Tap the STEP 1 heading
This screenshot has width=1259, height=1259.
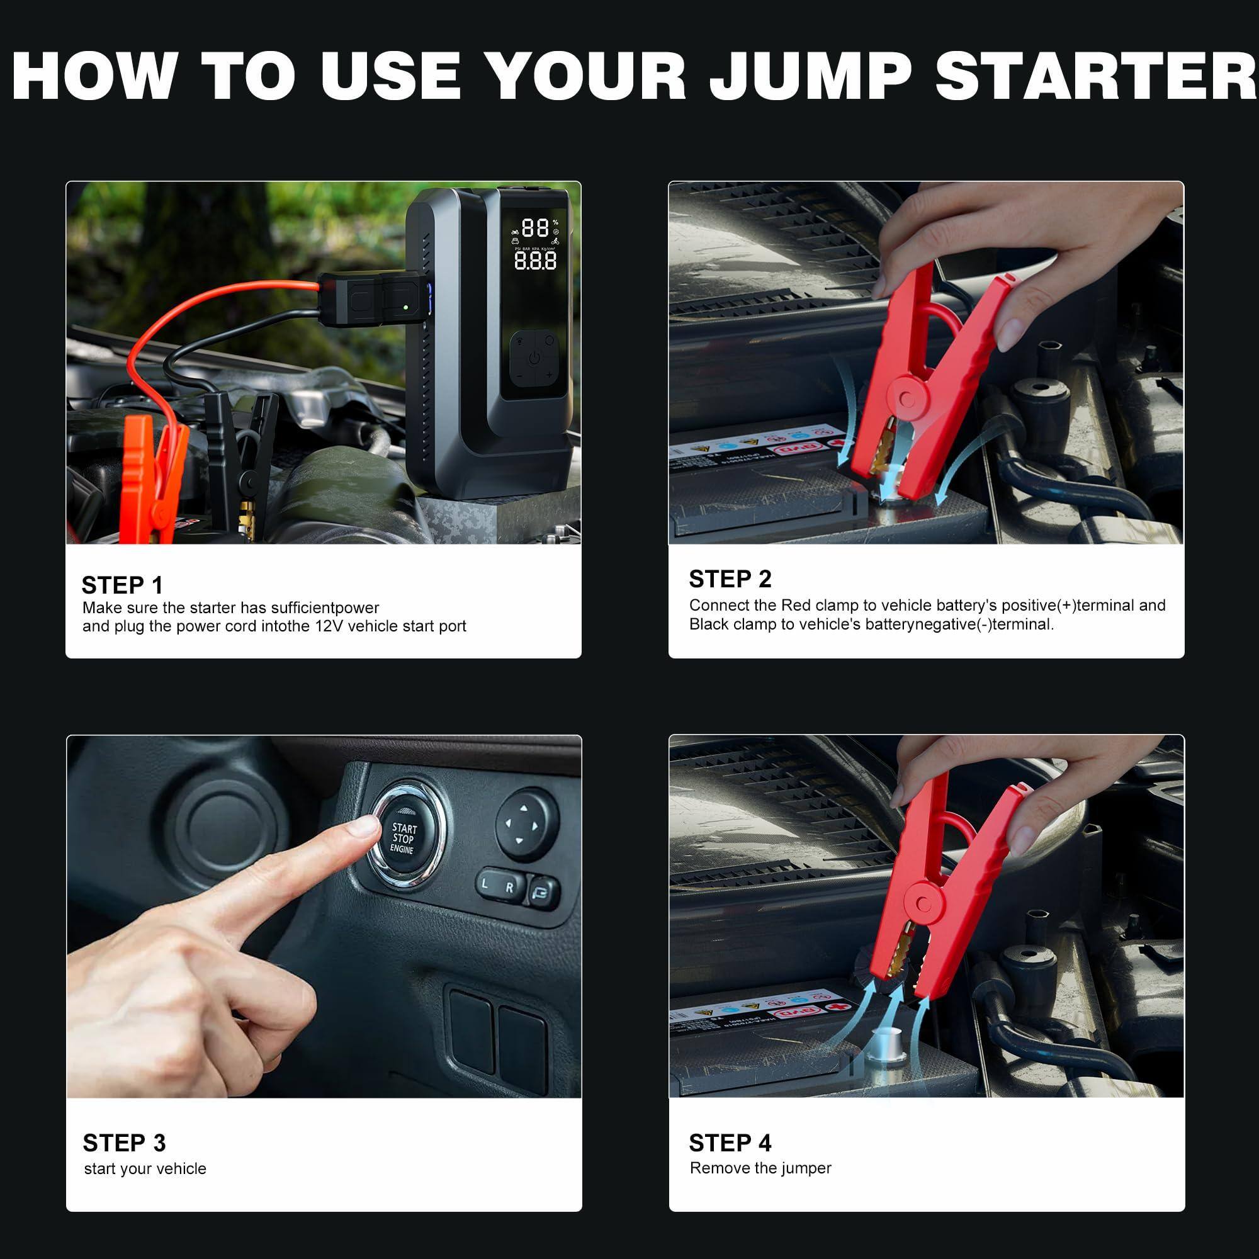pos(122,585)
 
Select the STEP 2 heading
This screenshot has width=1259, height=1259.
pos(730,579)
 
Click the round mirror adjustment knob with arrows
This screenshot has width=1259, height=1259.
pos(526,825)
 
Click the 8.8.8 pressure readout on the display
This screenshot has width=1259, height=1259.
pos(535,261)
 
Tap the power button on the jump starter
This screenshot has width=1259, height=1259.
pos(534,358)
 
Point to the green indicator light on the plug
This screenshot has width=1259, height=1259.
pos(406,307)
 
